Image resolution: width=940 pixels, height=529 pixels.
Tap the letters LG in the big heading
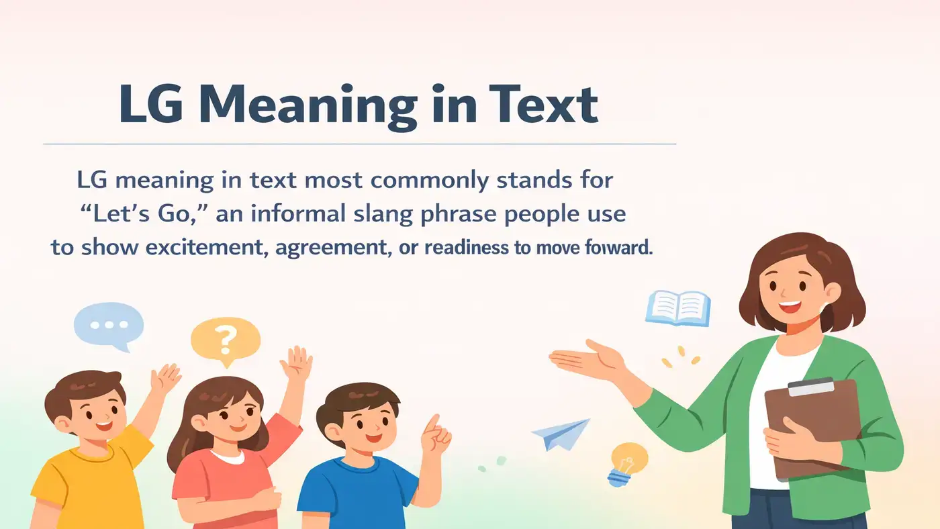[153, 105]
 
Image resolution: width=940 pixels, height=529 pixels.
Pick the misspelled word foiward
[618, 248]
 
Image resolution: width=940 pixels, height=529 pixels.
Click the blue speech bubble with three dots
[108, 325]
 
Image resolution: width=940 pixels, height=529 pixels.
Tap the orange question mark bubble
[225, 340]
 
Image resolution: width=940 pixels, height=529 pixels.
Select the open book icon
[677, 308]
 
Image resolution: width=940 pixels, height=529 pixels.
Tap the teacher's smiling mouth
[790, 305]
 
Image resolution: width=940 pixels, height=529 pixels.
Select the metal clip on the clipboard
[810, 387]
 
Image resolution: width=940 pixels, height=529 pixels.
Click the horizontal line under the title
[359, 144]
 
